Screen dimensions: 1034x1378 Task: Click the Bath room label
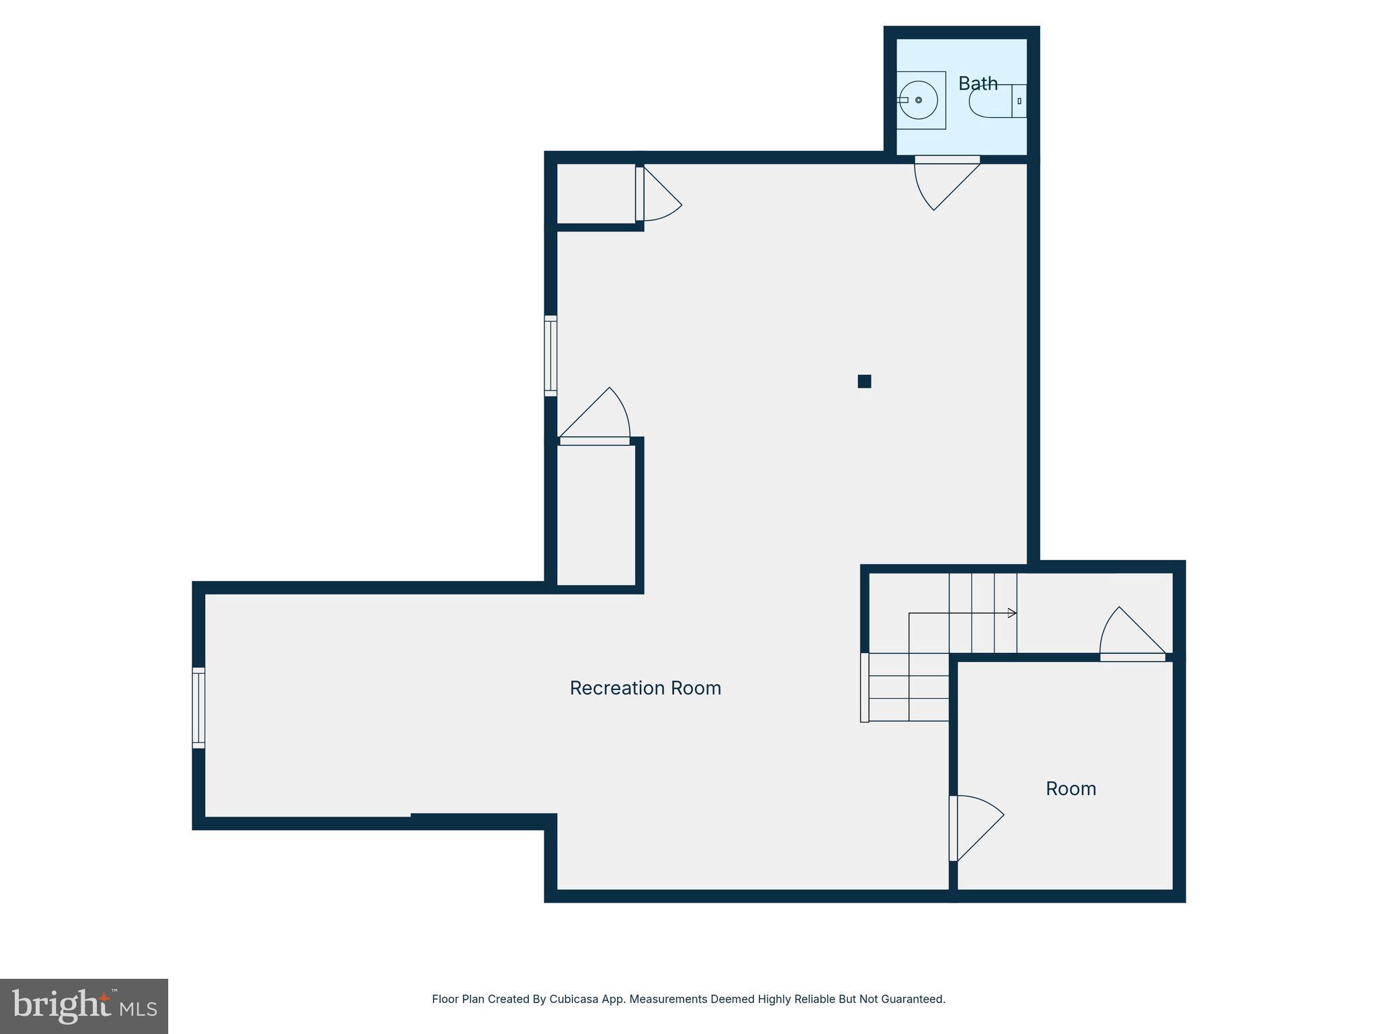click(978, 83)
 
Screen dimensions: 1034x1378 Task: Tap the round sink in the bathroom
click(918, 100)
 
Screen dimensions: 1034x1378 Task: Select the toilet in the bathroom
click(996, 102)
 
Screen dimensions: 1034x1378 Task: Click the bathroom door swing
click(942, 182)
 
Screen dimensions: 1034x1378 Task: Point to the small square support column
click(865, 382)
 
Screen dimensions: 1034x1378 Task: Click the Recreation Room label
click(645, 688)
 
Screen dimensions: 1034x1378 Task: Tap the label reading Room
click(1071, 788)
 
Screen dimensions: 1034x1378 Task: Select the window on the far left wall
click(198, 708)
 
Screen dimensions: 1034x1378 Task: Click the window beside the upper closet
click(550, 355)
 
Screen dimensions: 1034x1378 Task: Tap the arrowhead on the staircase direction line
click(1012, 613)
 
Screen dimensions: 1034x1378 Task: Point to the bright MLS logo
click(84, 1006)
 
